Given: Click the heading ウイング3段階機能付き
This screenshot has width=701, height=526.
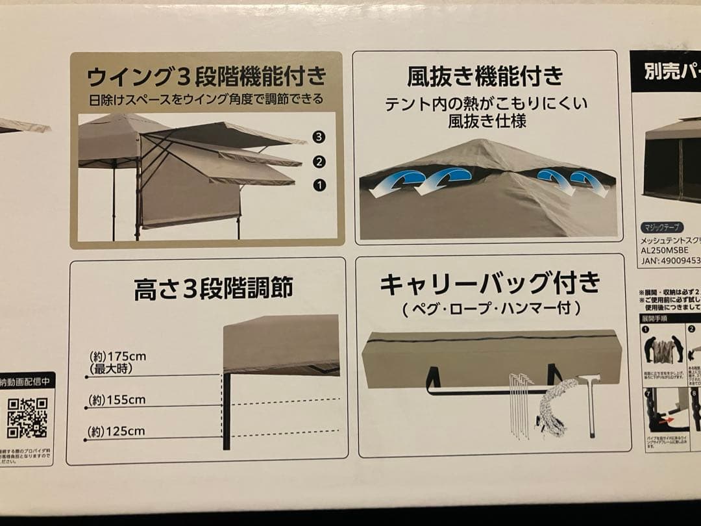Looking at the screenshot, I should pyautogui.click(x=206, y=77).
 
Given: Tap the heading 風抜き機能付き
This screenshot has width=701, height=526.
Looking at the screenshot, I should pyautogui.click(x=485, y=77).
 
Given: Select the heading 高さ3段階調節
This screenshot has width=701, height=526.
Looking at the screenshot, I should pyautogui.click(x=214, y=288).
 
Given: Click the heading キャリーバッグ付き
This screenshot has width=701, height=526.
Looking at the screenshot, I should pyautogui.click(x=490, y=284).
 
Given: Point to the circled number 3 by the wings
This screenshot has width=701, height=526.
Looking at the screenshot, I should pyautogui.click(x=318, y=136).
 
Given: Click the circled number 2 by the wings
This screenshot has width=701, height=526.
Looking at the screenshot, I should pyautogui.click(x=319, y=162).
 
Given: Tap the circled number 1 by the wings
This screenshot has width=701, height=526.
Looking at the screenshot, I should pyautogui.click(x=319, y=185).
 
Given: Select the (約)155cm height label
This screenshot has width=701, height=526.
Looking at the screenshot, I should pyautogui.click(x=117, y=400).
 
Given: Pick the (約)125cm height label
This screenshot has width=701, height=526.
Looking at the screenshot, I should pyautogui.click(x=117, y=431).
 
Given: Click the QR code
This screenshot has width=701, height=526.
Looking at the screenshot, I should pyautogui.click(x=27, y=418).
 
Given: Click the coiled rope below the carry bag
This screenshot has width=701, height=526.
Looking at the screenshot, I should pyautogui.click(x=556, y=409).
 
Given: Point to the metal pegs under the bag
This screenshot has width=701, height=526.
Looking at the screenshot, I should pyautogui.click(x=519, y=405).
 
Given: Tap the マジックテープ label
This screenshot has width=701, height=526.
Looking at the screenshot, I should pyautogui.click(x=661, y=227).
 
